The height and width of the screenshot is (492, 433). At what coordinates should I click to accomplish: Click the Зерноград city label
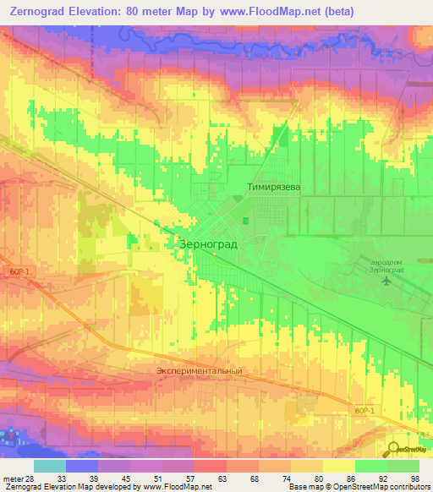point(209,243)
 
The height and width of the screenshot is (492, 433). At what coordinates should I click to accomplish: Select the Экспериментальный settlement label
point(200,370)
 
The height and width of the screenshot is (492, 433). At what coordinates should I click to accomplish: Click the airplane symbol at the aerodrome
point(387,282)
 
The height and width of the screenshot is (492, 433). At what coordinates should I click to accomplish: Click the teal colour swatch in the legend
point(50,466)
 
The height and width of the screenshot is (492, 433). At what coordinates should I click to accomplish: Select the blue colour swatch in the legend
point(82,466)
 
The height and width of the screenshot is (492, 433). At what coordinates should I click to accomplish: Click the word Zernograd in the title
point(41,12)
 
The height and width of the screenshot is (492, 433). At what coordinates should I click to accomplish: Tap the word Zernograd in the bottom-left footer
point(22,487)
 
